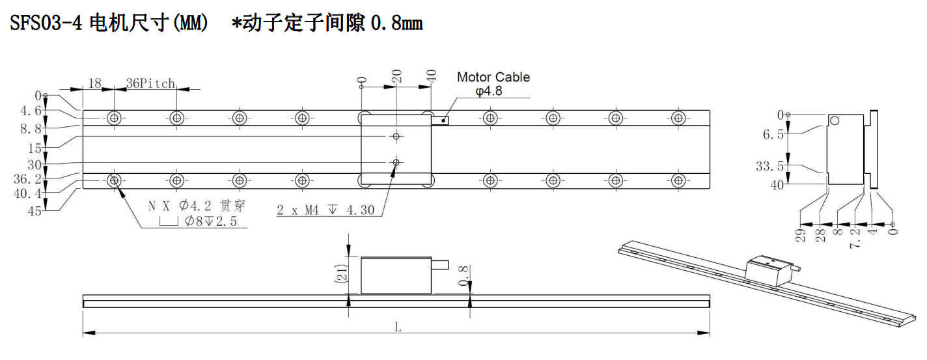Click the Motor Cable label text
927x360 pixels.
coord(493,77)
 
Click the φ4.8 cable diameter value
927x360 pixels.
coord(489,91)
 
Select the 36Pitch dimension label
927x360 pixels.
coord(150,83)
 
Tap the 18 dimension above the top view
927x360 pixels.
coord(95,83)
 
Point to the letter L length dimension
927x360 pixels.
coord(398,327)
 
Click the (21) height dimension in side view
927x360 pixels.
coord(341,274)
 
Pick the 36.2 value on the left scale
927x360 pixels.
coord(27,179)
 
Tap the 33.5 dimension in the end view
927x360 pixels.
coord(769,166)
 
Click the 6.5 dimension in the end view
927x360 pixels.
coord(773,135)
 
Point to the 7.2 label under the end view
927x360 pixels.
coord(855,239)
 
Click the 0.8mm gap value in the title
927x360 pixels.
coord(396,23)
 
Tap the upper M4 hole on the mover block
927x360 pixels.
coord(396,136)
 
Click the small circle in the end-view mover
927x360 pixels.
coord(835,121)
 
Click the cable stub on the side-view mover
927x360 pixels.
coord(440,264)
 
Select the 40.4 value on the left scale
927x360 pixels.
coord(27,193)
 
